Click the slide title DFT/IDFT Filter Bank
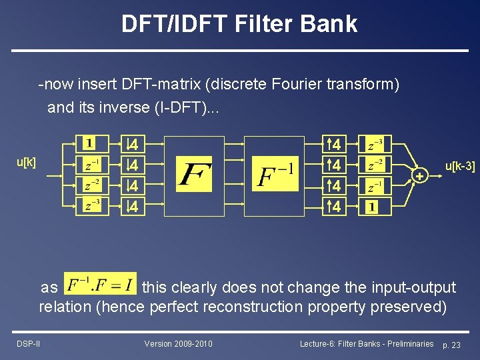click(x=239, y=24)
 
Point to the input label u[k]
click(x=27, y=163)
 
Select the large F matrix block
click(x=194, y=176)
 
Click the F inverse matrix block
click(x=274, y=176)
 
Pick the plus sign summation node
click(x=419, y=176)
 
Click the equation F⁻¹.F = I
click(x=100, y=284)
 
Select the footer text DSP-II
click(x=27, y=343)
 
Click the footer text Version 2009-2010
click(x=178, y=343)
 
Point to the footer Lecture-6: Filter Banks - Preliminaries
click(x=367, y=343)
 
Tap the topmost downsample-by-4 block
click(x=133, y=144)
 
